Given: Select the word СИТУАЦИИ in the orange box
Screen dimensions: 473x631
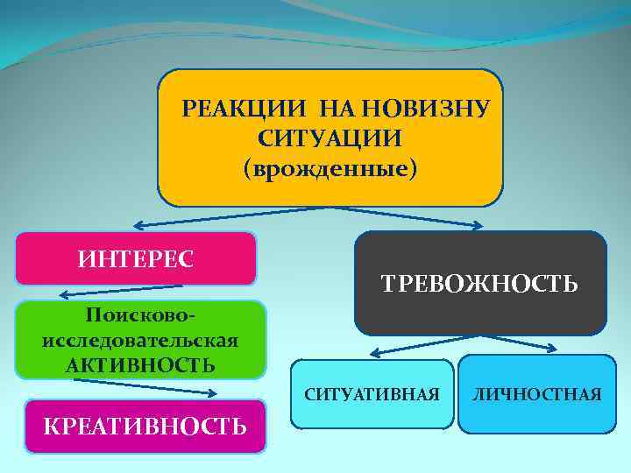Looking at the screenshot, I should [330, 138].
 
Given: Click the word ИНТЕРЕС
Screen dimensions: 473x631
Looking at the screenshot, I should [136, 258].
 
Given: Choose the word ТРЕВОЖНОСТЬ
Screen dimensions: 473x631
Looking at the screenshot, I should [479, 283].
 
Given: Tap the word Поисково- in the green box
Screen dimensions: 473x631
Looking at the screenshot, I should [140, 314].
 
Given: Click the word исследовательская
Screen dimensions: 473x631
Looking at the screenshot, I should [140, 339].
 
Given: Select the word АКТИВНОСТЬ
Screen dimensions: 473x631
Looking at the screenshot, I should [140, 364].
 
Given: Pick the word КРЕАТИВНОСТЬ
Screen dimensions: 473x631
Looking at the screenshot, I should [145, 427].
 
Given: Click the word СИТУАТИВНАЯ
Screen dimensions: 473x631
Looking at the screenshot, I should [372, 395].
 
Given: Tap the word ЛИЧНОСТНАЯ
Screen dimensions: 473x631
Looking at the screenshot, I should [537, 395].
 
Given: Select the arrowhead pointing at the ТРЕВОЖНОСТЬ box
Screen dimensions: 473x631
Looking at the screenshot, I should [478, 226].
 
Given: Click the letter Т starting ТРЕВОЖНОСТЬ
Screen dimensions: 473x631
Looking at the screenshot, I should [388, 284].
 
